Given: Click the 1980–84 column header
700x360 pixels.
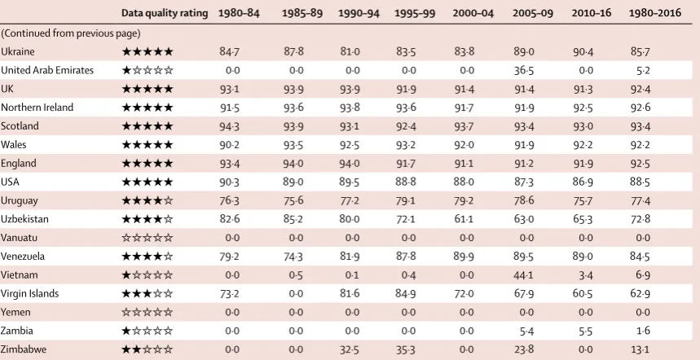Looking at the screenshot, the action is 239,13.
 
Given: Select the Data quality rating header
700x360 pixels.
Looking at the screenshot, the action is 165,13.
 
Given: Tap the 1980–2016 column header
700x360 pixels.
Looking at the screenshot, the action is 655,13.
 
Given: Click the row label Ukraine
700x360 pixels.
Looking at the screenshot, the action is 17,52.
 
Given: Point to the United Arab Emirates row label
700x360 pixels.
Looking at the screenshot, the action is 47,71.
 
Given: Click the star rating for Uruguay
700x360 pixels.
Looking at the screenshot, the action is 147,200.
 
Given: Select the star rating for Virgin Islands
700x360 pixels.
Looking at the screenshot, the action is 147,293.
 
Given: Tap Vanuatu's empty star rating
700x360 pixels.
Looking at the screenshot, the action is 147,238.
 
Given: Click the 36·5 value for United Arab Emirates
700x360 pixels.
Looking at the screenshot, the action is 524,71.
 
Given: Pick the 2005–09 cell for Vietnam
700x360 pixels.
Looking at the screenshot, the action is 524,275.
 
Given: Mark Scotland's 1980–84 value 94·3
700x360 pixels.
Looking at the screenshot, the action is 230,126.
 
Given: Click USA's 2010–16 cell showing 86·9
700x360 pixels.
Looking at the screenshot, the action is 583,182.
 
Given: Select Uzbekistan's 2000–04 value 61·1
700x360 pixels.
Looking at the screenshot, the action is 464,219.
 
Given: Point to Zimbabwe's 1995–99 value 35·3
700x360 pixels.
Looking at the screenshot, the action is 406,349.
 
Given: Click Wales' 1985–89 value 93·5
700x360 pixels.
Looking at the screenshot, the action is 293,145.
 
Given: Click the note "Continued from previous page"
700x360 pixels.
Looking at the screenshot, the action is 71,33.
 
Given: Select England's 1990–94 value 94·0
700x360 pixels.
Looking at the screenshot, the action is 350,164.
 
